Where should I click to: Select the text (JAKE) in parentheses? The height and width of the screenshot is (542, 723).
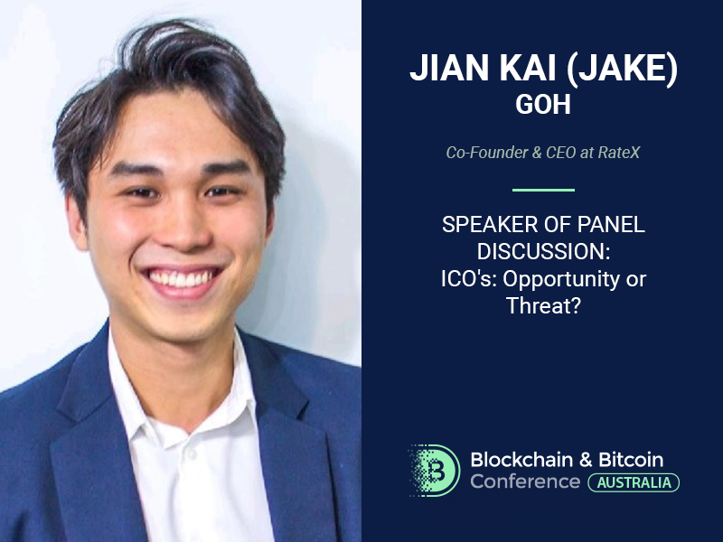[x=622, y=70]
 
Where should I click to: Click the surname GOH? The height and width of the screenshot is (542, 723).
[x=543, y=104]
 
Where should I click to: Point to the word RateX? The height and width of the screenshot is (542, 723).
[x=619, y=153]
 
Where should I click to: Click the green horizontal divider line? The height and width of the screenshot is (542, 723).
[x=543, y=190]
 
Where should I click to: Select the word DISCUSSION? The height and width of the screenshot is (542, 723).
[x=544, y=252]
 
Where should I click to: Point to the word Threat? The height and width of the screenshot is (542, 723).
[x=543, y=305]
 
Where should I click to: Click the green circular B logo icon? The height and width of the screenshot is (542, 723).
[x=435, y=471]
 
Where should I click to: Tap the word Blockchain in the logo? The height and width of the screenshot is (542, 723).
[x=521, y=460]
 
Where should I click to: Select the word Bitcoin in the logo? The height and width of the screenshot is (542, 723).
[x=631, y=460]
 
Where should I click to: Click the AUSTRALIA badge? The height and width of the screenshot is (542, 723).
[x=634, y=482]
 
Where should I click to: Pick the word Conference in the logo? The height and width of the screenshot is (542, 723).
[x=525, y=481]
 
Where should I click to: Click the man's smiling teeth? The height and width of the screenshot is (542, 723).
[x=182, y=278]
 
